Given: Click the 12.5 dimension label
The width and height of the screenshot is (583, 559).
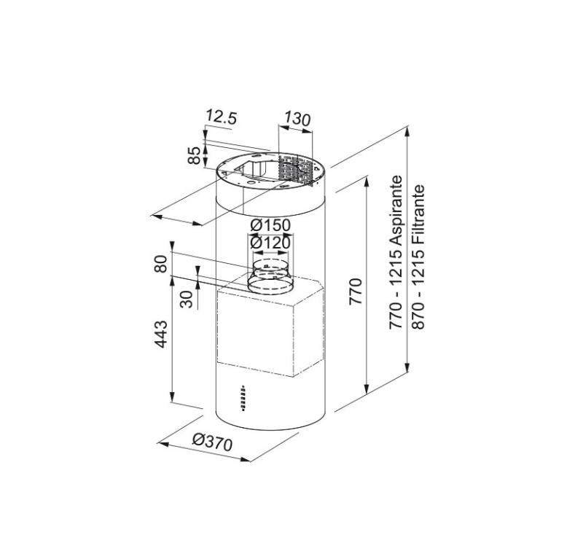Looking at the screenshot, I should pyautogui.click(x=222, y=116).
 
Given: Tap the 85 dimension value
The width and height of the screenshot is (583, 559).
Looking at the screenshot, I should pyautogui.click(x=195, y=155).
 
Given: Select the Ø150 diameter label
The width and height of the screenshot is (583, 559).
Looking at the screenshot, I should pyautogui.click(x=270, y=226).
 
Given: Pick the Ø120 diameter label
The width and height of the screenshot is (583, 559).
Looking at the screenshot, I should pyautogui.click(x=270, y=242).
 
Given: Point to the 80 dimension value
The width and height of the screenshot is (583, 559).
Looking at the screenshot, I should pyautogui.click(x=163, y=263).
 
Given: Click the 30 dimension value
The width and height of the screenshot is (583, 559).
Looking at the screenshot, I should pyautogui.click(x=188, y=300).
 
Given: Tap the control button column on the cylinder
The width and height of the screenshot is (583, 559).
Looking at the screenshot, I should pyautogui.click(x=242, y=396).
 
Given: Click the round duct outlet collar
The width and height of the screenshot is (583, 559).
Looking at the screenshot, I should pyautogui.click(x=269, y=278).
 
